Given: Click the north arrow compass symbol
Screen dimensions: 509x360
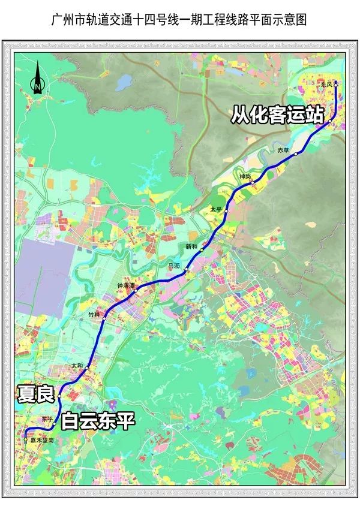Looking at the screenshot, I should [37, 80].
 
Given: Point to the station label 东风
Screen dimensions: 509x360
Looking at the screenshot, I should [326, 85].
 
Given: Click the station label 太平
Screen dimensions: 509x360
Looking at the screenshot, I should [216, 210].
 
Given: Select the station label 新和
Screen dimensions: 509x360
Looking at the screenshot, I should [191, 246].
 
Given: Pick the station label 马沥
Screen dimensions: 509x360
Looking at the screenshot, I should [173, 265].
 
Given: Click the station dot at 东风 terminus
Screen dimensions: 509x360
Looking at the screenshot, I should [336, 85].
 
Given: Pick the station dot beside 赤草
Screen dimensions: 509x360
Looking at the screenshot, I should [296, 154].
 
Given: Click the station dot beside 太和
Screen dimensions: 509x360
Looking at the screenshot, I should [87, 368].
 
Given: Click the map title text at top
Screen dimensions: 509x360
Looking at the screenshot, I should [180, 20].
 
